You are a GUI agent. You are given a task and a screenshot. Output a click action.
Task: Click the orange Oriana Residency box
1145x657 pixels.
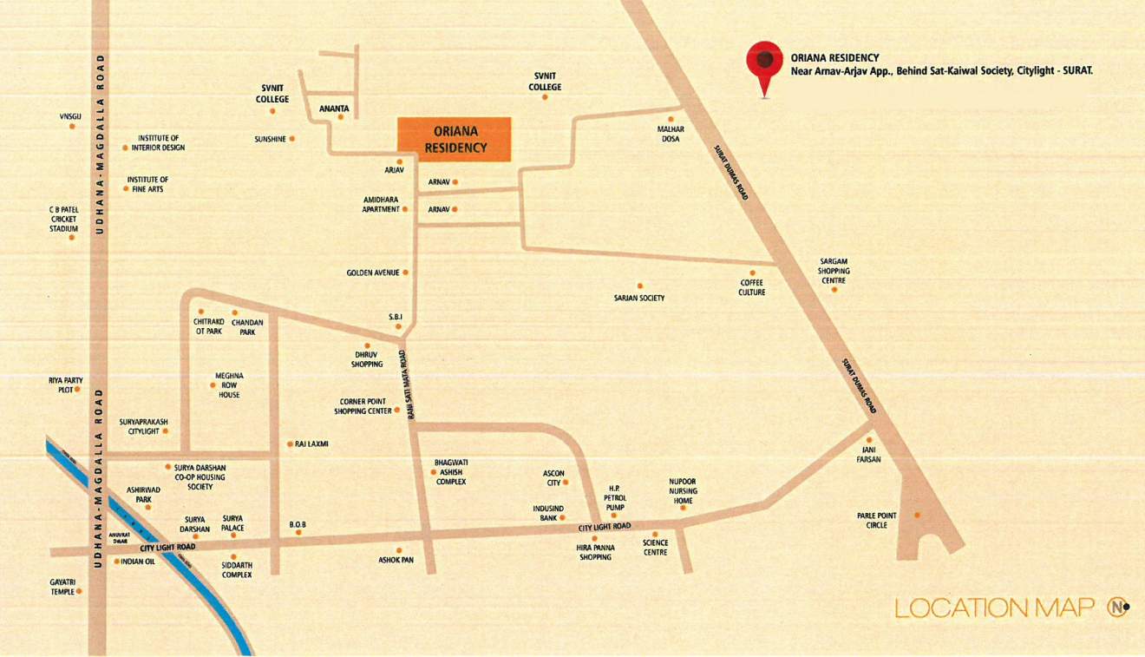454,139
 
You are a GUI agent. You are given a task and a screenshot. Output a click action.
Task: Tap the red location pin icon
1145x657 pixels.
764,64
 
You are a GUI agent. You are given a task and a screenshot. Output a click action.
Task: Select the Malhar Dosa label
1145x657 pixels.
671,134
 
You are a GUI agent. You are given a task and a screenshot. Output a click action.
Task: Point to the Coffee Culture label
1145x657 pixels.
752,287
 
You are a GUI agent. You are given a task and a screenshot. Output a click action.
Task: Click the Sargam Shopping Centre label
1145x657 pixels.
834,271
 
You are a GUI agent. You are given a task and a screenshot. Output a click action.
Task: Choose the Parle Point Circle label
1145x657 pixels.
876,520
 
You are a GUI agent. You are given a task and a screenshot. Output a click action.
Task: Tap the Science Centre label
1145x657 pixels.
655,548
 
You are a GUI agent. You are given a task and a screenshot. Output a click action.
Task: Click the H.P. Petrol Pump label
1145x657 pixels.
615,498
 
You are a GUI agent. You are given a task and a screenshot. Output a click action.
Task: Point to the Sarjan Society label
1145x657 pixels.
639,298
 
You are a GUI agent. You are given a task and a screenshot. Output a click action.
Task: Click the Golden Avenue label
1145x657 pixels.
373,273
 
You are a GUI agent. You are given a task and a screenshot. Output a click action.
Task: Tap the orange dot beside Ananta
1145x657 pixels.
340,117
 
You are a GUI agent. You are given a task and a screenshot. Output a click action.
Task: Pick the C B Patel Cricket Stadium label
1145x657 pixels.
63,219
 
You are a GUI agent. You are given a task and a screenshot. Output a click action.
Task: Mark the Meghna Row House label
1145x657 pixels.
229,385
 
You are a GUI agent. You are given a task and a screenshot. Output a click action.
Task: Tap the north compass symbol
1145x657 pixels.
1117,607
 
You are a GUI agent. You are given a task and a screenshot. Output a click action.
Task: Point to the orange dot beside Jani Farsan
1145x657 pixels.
868,440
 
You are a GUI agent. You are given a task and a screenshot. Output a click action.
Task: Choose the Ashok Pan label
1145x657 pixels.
396,560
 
